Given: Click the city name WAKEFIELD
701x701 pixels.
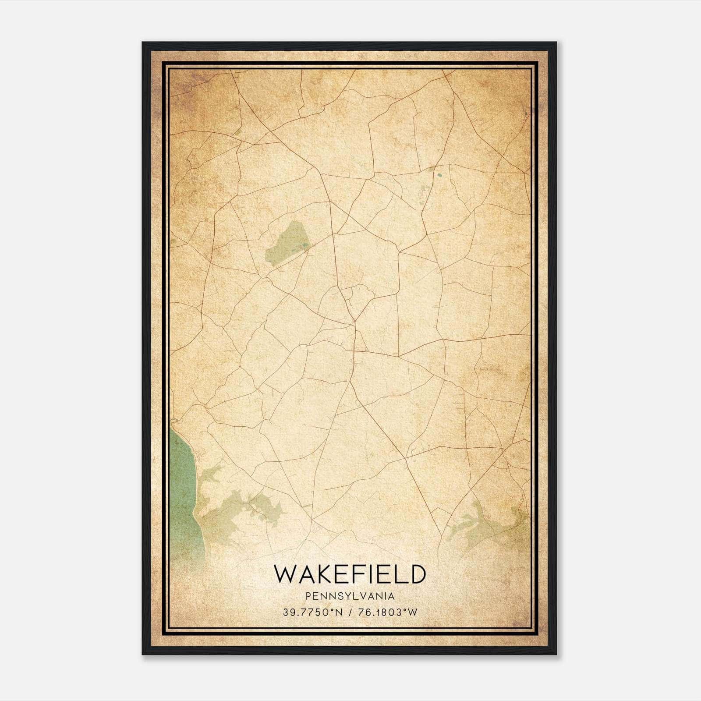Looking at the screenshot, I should click(350, 574).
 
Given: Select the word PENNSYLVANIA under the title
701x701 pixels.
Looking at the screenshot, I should click(350, 596).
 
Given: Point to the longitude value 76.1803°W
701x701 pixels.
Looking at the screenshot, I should click(388, 612).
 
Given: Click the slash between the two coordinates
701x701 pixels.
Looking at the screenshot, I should click(350, 612).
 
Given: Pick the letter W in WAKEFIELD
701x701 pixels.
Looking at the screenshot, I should click(284, 574).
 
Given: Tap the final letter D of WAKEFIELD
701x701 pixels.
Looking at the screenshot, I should click(418, 574).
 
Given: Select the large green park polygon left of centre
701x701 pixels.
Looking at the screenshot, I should click(287, 243).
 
